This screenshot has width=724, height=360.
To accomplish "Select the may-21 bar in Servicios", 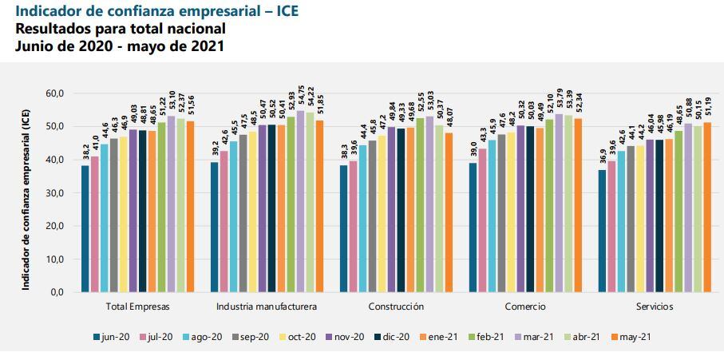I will click(x=707, y=208).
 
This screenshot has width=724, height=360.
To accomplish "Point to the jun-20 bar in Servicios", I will click(x=603, y=231).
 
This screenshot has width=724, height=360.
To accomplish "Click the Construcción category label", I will click(x=397, y=307).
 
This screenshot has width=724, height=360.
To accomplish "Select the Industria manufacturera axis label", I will click(x=267, y=307).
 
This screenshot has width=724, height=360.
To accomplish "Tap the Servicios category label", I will click(x=655, y=307).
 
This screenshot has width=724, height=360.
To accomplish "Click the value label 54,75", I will click(x=300, y=97).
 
